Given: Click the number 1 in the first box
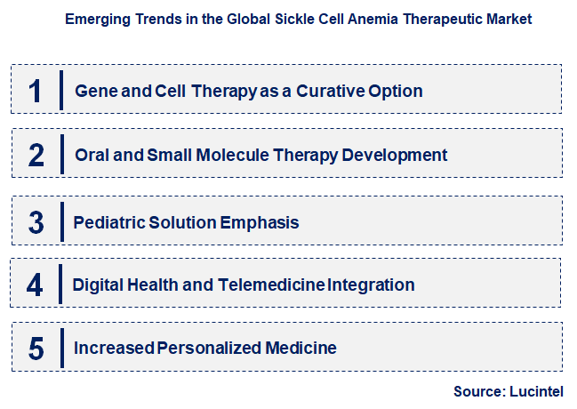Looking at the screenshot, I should pos(35,91).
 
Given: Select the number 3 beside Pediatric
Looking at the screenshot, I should pos(36,221).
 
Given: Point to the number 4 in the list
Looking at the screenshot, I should pos(36,285).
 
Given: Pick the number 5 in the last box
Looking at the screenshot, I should pos(36,349).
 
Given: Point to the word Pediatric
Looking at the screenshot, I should pos(110,221).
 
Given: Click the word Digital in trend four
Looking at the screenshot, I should pos(99,285).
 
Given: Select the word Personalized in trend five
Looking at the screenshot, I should pos(211,348).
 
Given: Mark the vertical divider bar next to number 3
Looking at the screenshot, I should pos(61,221).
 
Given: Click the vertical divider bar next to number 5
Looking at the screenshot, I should pos(61,349).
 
